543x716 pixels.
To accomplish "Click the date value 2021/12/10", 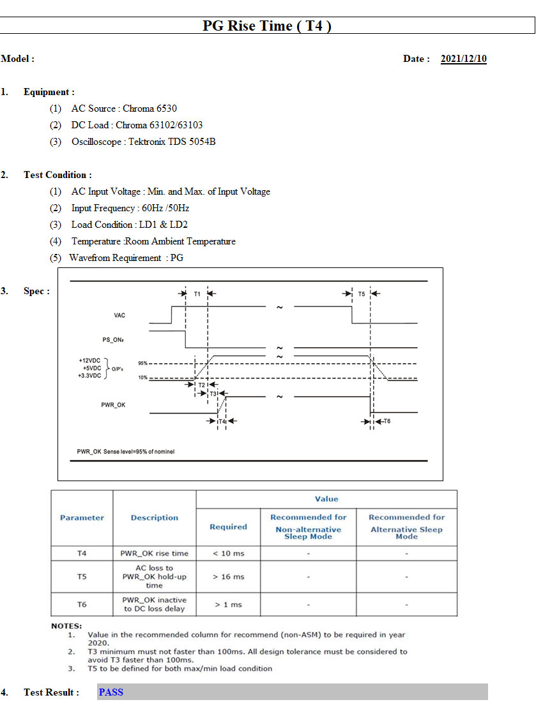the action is (x=464, y=59).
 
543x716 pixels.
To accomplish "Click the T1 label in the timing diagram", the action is (x=197, y=294).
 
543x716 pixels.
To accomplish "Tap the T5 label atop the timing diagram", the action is (x=362, y=294).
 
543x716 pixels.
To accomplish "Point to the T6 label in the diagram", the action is (x=387, y=421).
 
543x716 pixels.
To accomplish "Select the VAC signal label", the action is (x=119, y=315).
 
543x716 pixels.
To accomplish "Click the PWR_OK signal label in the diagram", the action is (x=113, y=405).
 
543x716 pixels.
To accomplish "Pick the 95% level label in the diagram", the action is (x=143, y=364).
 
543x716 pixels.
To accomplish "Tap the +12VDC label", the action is (x=89, y=361).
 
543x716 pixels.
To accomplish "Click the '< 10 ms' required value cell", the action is (x=229, y=553).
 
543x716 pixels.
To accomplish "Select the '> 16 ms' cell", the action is (x=229, y=577).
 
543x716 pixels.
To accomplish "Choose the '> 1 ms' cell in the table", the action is (x=229, y=604).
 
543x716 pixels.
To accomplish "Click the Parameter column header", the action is (x=82, y=518).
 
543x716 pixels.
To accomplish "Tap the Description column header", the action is (x=155, y=518).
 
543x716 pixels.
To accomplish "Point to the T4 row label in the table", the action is (x=82, y=553).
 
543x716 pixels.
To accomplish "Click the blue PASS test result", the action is (x=111, y=692).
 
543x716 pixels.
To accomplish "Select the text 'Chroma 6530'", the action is (x=149, y=108).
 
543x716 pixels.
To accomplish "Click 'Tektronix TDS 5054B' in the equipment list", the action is (x=172, y=142).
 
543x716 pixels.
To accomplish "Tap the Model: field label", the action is (x=18, y=59).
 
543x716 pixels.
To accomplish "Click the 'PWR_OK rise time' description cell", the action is (x=155, y=553).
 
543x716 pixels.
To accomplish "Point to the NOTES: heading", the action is (x=66, y=626).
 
